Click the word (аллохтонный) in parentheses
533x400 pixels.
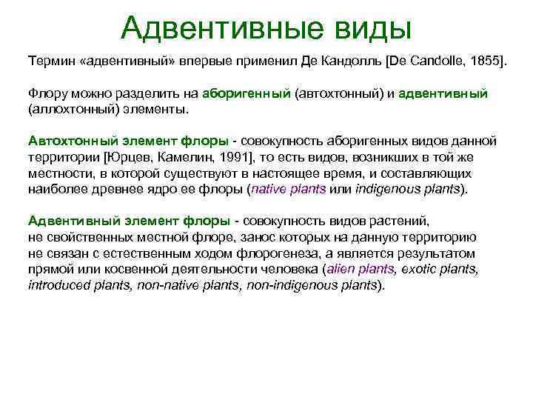coord(70,109)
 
